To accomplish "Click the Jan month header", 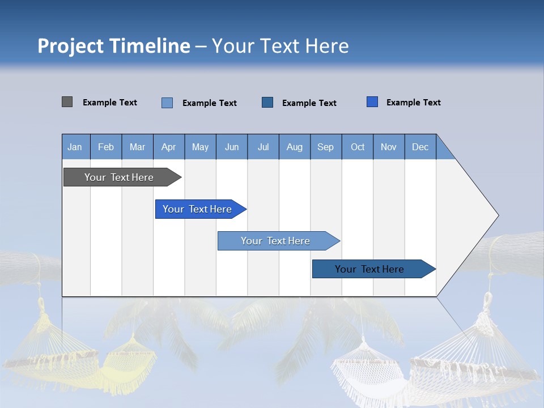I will pyautogui.click(x=75, y=147).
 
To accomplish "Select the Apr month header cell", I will pyautogui.click(x=169, y=147).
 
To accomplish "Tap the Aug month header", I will pyautogui.click(x=294, y=147).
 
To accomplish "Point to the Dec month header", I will pyautogui.click(x=420, y=147).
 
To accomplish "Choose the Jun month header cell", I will pyautogui.click(x=232, y=147).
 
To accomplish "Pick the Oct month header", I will pyautogui.click(x=357, y=147).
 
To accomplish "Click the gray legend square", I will pyautogui.click(x=67, y=102).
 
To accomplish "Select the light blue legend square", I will pyautogui.click(x=167, y=103).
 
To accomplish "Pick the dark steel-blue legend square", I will pyautogui.click(x=267, y=102).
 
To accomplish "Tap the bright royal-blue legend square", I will pyautogui.click(x=372, y=102).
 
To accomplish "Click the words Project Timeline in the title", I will pyautogui.click(x=113, y=46).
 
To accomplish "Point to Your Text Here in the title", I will pyautogui.click(x=280, y=46).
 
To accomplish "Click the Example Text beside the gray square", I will pyautogui.click(x=110, y=103).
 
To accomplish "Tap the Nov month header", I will pyautogui.click(x=389, y=147).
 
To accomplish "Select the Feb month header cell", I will pyautogui.click(x=106, y=147).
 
